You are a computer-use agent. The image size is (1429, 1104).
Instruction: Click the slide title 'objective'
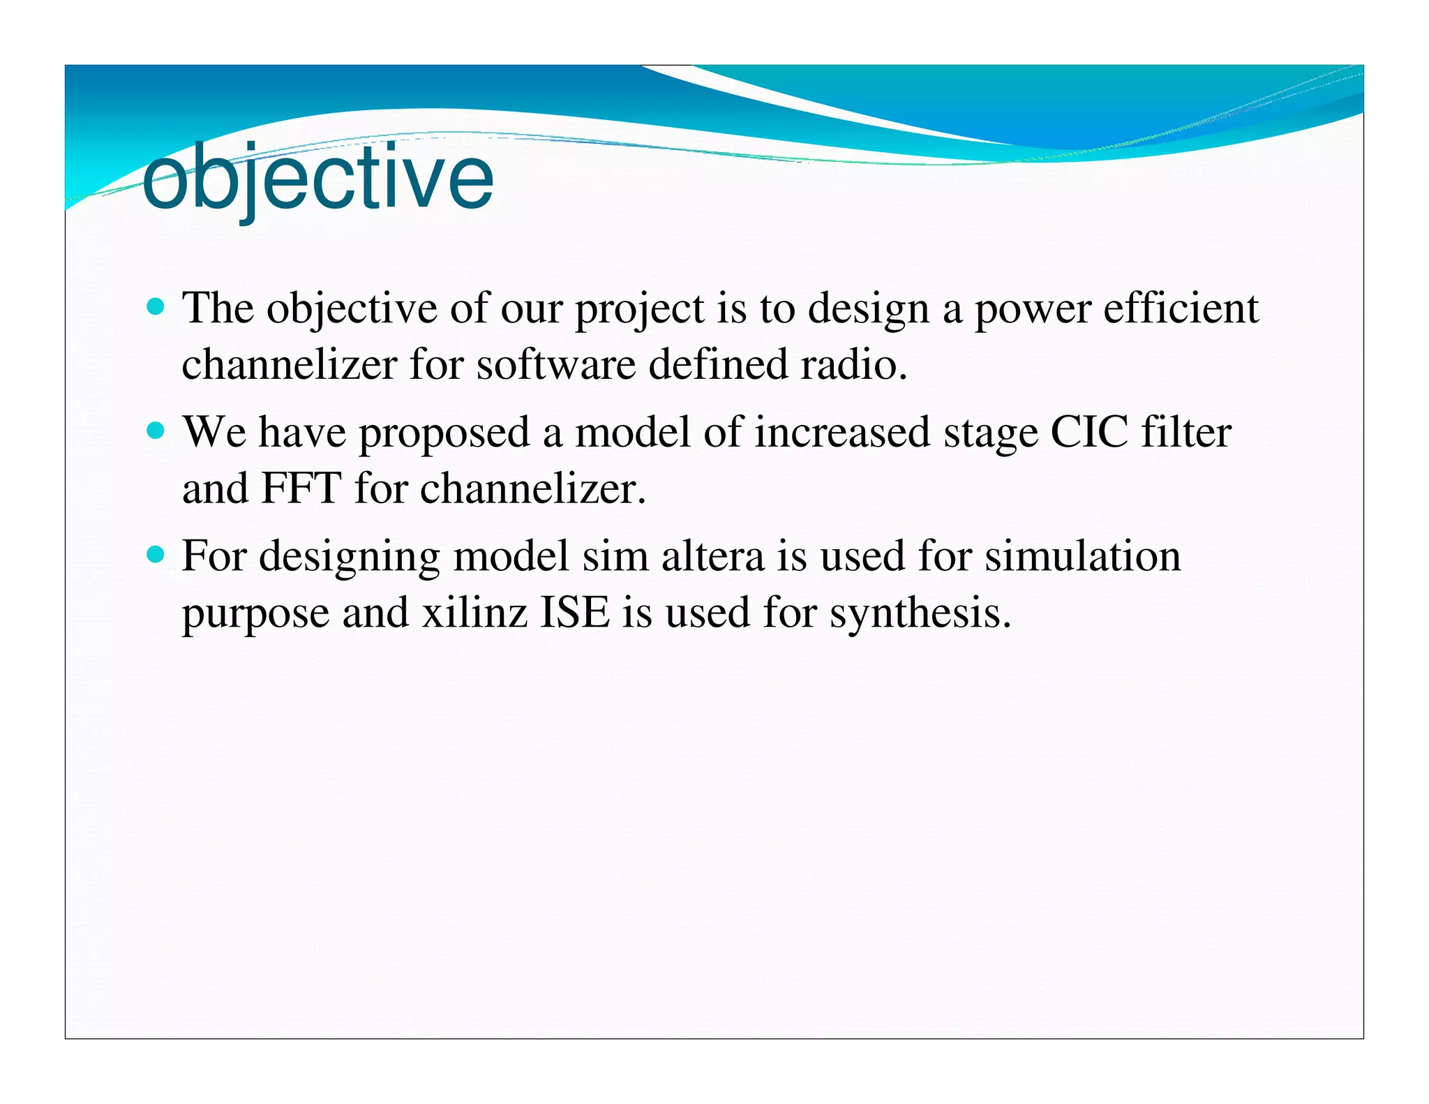pyautogui.click(x=317, y=178)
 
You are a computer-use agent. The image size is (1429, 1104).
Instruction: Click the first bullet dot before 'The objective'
pyautogui.click(x=156, y=306)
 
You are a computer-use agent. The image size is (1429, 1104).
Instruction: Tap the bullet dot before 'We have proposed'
pyautogui.click(x=156, y=430)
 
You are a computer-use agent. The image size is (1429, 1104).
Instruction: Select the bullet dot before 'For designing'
pyautogui.click(x=156, y=555)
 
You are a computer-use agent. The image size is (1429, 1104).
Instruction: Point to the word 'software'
pyautogui.click(x=555, y=364)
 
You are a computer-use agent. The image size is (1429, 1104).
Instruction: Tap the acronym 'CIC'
pyautogui.click(x=1088, y=432)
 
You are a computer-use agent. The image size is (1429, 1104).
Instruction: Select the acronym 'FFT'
pyautogui.click(x=301, y=488)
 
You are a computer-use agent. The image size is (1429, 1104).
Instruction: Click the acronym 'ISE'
pyautogui.click(x=575, y=613)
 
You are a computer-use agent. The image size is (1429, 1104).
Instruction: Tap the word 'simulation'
pyautogui.click(x=1082, y=557)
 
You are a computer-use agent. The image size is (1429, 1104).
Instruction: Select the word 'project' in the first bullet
pyautogui.click(x=639, y=309)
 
